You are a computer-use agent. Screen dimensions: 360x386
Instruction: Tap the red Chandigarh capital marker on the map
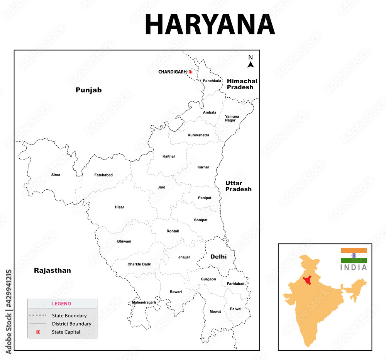coord(190,72)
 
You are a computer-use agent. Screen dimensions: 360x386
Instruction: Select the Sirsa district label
coord(56,175)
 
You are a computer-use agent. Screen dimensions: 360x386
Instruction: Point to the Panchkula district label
coord(212,81)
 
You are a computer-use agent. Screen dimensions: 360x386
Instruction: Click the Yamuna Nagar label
coord(232,118)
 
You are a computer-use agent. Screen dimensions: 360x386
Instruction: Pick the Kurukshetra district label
coord(198,135)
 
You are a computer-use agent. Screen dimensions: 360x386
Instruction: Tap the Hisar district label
coord(120,207)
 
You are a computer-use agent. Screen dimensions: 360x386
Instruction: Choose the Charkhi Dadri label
coord(139,264)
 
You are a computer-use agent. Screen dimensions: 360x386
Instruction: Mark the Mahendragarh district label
coord(144,302)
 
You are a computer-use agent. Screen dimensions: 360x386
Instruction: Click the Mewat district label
coord(215,311)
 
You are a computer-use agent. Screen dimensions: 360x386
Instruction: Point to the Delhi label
coord(218,256)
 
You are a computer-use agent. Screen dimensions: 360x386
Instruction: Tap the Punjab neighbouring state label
coord(88,90)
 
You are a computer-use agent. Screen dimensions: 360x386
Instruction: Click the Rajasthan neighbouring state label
coord(52,270)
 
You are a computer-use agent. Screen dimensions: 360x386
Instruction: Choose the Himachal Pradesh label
coord(242,84)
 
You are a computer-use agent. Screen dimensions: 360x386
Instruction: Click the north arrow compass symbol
coord(251,62)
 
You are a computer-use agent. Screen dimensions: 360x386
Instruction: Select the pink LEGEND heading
coord(62,304)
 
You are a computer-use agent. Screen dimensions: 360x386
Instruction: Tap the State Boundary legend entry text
coord(69,316)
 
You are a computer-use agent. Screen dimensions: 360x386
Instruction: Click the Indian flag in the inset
coord(354,255)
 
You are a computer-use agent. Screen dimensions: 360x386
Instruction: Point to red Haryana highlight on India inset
coord(308,280)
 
